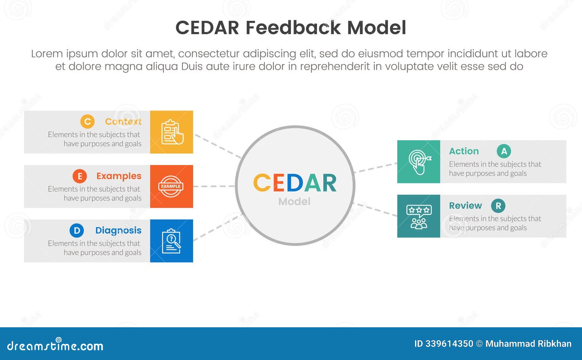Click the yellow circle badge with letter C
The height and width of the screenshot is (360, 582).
coord(87,121)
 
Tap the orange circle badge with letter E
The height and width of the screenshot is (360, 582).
coord(80,176)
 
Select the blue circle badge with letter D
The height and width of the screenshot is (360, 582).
coord(77,231)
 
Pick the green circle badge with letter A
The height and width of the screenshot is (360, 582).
coord(504,151)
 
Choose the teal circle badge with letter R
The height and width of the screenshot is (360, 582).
coord(498,206)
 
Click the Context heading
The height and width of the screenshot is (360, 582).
coord(123,121)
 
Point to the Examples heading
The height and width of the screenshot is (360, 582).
coord(119,176)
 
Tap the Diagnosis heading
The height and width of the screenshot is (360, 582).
coord(118,231)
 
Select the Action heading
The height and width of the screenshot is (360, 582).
coord(464,151)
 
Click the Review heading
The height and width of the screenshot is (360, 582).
coord(465,206)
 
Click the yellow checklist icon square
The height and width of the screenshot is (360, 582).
coord(172,132)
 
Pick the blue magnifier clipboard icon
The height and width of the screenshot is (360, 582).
coord(172,241)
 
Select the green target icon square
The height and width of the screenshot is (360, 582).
coord(419,162)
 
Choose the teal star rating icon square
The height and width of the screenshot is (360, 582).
coord(419,216)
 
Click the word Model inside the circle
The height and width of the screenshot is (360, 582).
coord(294,201)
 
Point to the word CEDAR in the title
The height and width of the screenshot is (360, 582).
coord(207,28)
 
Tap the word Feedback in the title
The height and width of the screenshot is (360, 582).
coord(293,28)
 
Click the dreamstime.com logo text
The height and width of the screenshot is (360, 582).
coord(55,345)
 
